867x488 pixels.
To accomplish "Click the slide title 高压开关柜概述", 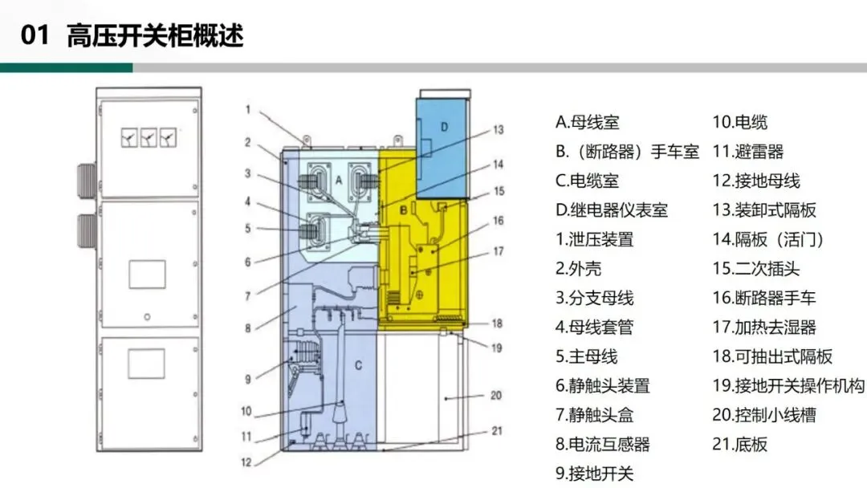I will [x=155, y=36].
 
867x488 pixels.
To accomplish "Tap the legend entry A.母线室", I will [x=587, y=123].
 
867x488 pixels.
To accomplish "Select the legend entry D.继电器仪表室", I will [x=611, y=210].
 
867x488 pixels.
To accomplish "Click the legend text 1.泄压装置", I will [x=594, y=239].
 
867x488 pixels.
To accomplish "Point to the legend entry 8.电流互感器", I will [x=602, y=444].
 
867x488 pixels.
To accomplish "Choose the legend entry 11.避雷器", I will [x=747, y=152].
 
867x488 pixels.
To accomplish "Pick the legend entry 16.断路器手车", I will [x=763, y=298].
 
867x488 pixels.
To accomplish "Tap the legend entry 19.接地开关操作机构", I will [x=788, y=385].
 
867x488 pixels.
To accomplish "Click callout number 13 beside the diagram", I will [x=498, y=129].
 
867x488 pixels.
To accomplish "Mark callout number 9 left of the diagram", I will [x=248, y=378].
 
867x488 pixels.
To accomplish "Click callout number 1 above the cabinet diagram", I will [x=249, y=108].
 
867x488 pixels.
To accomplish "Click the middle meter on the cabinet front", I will [x=147, y=139].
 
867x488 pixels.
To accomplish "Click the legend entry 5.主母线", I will [x=586, y=356].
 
